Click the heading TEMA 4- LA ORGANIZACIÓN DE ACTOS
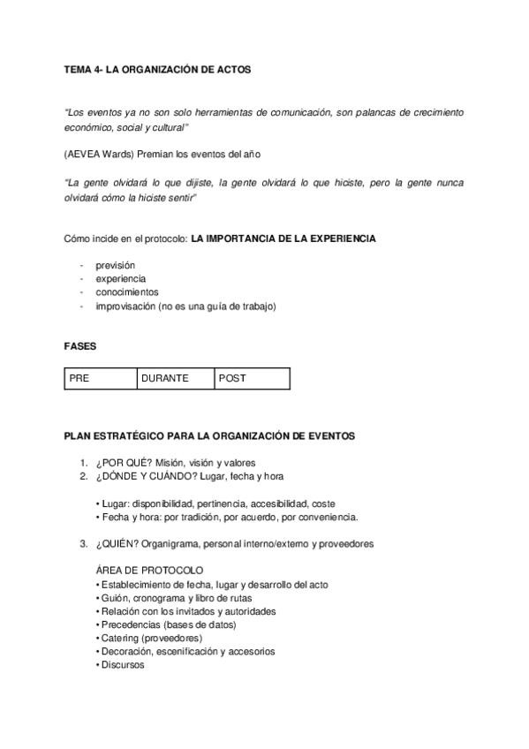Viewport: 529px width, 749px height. [157, 69]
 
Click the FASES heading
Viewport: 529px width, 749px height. [79, 346]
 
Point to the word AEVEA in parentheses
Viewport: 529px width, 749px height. [85, 155]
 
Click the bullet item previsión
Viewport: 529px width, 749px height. [116, 265]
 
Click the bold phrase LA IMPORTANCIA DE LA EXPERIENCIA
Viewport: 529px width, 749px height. [283, 238]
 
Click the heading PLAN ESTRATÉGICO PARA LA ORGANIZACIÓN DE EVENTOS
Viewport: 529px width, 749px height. [209, 435]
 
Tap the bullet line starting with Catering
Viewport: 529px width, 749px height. [151, 638]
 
